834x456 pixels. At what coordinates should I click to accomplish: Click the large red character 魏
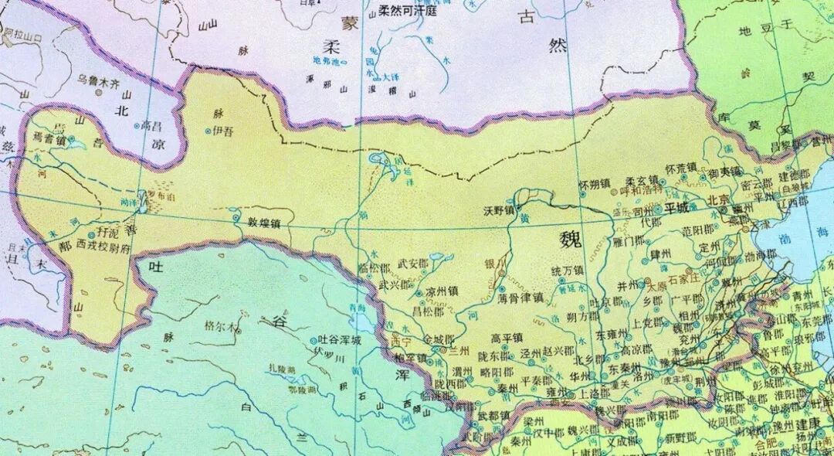click(x=571, y=241)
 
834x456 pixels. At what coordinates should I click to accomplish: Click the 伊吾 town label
click(x=222, y=131)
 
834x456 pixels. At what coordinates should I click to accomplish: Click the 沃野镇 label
click(x=498, y=209)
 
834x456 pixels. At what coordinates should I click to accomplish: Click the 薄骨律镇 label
click(x=520, y=296)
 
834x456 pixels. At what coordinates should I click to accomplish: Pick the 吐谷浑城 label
click(x=340, y=340)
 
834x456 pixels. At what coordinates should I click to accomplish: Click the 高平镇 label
click(x=507, y=338)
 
